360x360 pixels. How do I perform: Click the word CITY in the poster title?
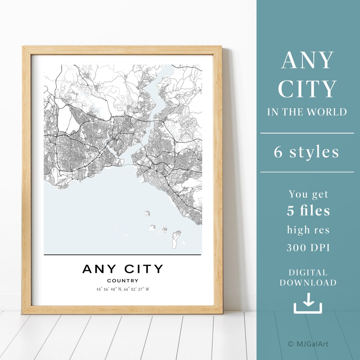[x=144, y=269]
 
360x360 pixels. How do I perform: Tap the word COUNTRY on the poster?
[x=123, y=281]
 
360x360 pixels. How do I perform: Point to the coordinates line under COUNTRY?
[x=123, y=289]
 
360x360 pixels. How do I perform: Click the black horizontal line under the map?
[x=123, y=255]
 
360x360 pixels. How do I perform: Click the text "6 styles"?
[x=307, y=152]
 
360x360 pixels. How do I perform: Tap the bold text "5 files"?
[x=309, y=211]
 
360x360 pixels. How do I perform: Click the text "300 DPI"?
[x=308, y=248]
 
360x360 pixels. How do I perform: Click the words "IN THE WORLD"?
[x=307, y=112]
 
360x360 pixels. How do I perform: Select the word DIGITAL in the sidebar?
[x=308, y=273]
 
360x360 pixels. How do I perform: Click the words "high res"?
[x=308, y=230]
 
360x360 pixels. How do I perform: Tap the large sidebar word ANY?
[x=307, y=60]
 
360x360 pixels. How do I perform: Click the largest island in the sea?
[x=176, y=239]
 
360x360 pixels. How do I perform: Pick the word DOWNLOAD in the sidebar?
[x=308, y=283]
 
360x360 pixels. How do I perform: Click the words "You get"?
[x=308, y=194]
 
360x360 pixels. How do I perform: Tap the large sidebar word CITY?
[x=307, y=89]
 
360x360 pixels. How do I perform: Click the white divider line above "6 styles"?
[x=307, y=133]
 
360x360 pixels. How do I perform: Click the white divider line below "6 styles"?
[x=307, y=172]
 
